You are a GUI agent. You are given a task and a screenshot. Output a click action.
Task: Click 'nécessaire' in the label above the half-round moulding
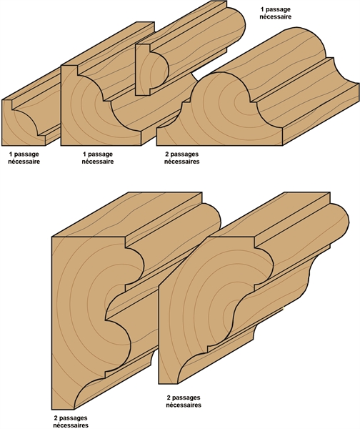pyautogui.click(x=276, y=16)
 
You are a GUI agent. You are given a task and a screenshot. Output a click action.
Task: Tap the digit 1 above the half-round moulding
pyautogui.click(x=262, y=9)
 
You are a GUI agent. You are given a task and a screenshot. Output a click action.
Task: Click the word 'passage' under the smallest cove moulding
pyautogui.click(x=26, y=154)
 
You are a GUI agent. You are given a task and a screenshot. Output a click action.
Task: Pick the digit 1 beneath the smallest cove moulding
pyautogui.click(x=11, y=154)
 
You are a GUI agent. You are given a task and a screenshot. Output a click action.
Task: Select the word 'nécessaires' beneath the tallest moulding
pyautogui.click(x=71, y=425)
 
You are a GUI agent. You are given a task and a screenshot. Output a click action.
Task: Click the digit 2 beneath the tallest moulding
pyautogui.click(x=56, y=418)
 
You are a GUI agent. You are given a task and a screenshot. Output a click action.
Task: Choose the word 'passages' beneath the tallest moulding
pyautogui.click(x=74, y=418)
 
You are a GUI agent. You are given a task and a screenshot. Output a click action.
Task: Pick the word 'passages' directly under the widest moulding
pyautogui.click(x=185, y=154)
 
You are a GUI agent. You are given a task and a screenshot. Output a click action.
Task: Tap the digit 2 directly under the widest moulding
pyautogui.click(x=167, y=154)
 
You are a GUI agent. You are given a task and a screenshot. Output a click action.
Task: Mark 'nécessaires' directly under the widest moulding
pyautogui.click(x=181, y=162)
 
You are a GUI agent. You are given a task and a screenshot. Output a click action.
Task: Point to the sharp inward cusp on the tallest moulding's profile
pyautogui.click(x=105, y=320)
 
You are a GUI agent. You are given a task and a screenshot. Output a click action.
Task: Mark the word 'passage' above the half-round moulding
pyautogui.click(x=279, y=9)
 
